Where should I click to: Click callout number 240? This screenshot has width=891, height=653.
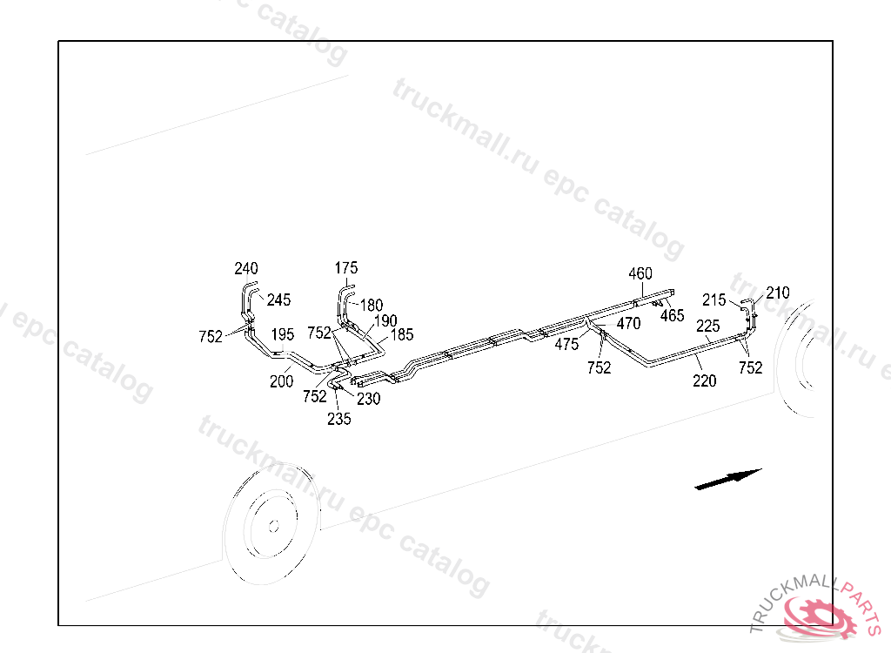coord(246,268)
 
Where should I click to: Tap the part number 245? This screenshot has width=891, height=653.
coord(278,300)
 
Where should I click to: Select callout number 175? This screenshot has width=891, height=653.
coord(346,268)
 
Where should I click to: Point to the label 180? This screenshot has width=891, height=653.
coord(372,306)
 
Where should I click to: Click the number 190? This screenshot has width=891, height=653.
coord(385,321)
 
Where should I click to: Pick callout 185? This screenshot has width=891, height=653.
coord(402,334)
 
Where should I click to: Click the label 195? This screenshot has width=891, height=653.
coord(282,334)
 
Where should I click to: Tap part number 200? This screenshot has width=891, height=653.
coord(281,380)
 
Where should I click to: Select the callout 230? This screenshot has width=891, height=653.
coord(368,399)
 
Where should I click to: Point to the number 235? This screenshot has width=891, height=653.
coord(339,419)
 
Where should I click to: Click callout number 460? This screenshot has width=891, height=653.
coord(640,273)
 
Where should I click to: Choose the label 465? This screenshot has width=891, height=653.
coord(672,316)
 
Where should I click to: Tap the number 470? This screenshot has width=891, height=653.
coord(628,324)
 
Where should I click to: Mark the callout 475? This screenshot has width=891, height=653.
coord(566,345)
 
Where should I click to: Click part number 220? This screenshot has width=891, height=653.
coord(705,380)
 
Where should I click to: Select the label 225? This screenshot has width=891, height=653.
coord(707,326)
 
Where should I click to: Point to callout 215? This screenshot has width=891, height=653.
coord(714,300)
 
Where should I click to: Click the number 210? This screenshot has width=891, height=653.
coord(778,293)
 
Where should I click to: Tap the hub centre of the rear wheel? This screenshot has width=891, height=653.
coord(272,526)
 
